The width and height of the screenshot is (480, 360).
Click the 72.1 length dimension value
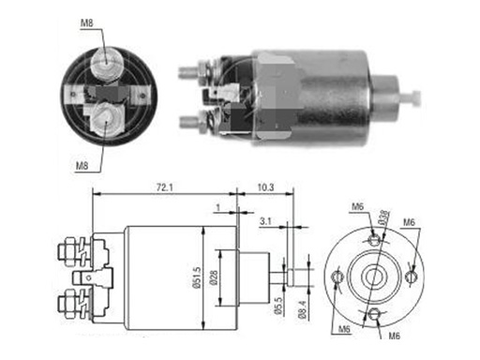tap(165, 187)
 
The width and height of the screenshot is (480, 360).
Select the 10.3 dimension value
tap(266, 187)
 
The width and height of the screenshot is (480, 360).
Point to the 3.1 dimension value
tap(265, 221)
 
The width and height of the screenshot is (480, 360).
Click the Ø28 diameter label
tap(215, 277)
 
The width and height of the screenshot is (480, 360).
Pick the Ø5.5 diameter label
tap(278, 305)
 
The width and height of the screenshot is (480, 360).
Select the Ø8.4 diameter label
tap(303, 309)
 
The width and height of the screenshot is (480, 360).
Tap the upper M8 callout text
tap(87, 22)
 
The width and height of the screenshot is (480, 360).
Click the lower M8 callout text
tap(82, 166)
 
